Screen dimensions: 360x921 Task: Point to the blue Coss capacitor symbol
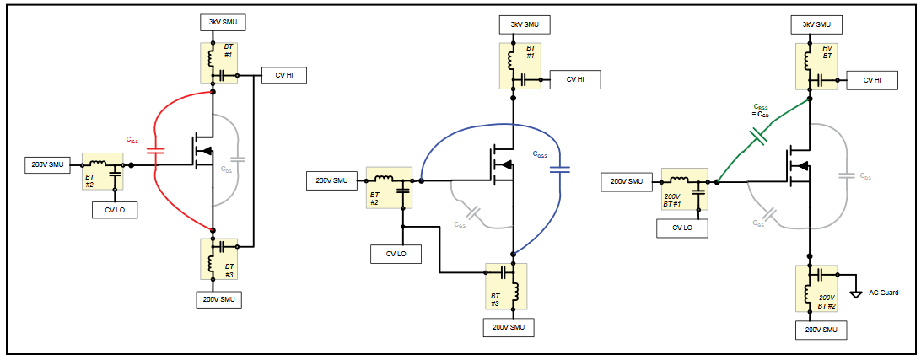click(x=558, y=169)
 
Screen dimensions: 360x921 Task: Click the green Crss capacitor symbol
click(x=758, y=135)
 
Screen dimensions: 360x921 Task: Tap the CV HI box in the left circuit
click(x=284, y=76)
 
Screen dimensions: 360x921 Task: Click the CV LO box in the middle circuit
click(x=396, y=254)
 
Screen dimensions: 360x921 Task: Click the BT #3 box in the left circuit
click(x=218, y=259)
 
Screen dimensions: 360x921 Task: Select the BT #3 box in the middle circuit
click(x=506, y=287)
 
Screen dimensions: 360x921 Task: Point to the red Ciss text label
click(x=132, y=139)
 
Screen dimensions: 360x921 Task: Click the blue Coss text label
click(x=539, y=153)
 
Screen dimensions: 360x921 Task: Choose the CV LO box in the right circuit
click(x=682, y=228)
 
